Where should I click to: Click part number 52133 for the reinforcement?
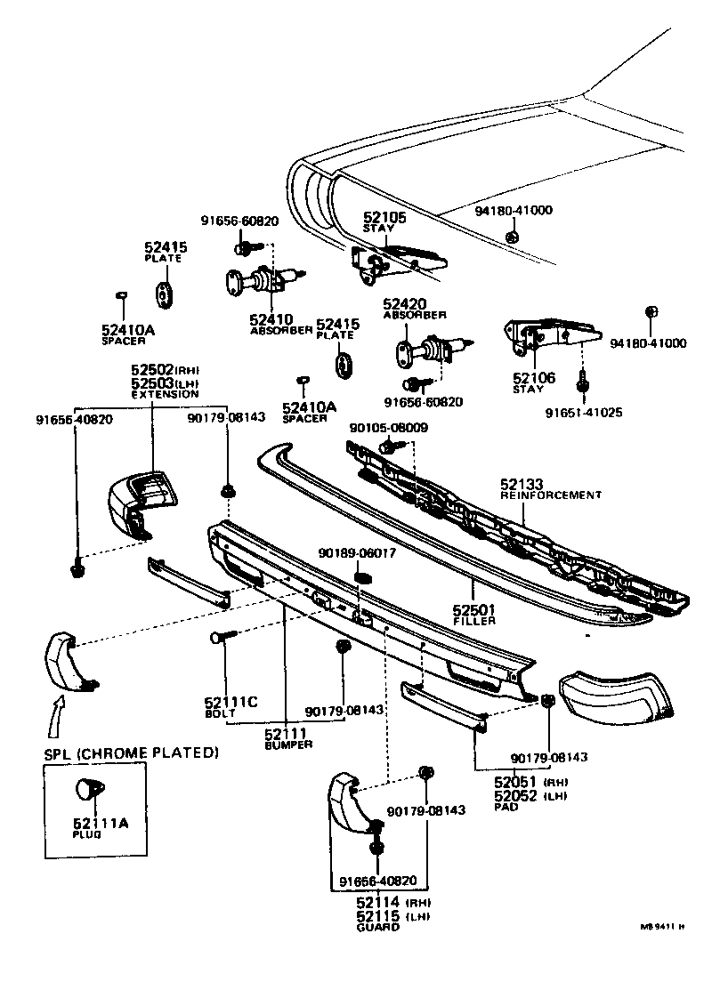[522, 484]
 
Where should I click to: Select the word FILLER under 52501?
[473, 620]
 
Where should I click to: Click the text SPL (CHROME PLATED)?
[132, 753]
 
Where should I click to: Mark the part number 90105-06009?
[388, 428]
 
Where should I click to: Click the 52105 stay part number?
[384, 217]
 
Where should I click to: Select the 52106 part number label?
[533, 378]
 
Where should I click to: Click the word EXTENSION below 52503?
[165, 394]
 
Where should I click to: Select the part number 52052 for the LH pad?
[515, 796]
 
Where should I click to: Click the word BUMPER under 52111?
[288, 744]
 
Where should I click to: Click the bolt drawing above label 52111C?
[223, 638]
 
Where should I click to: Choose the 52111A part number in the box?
[101, 824]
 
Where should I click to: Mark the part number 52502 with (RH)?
[151, 369]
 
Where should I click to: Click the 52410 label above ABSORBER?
[271, 318]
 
